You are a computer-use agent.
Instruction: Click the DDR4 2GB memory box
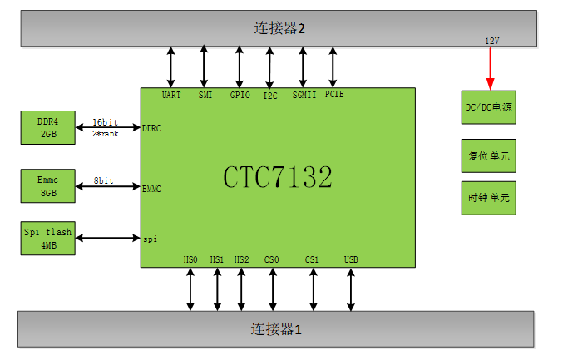click(48, 126)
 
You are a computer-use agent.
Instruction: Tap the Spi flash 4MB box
click(48, 239)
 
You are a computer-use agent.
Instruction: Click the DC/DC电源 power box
click(489, 108)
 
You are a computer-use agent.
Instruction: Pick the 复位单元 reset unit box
click(489, 155)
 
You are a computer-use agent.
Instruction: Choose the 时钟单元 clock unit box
click(489, 199)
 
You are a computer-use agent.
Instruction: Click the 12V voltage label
click(492, 41)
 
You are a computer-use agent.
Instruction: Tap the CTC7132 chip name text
click(278, 177)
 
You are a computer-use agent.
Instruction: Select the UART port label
click(171, 95)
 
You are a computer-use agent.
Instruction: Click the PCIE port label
click(334, 95)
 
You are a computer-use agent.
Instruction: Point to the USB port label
click(351, 260)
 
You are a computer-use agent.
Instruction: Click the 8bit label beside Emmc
click(104, 179)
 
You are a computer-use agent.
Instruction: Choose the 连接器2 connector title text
click(279, 28)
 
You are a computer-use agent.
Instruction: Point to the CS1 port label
click(312, 260)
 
